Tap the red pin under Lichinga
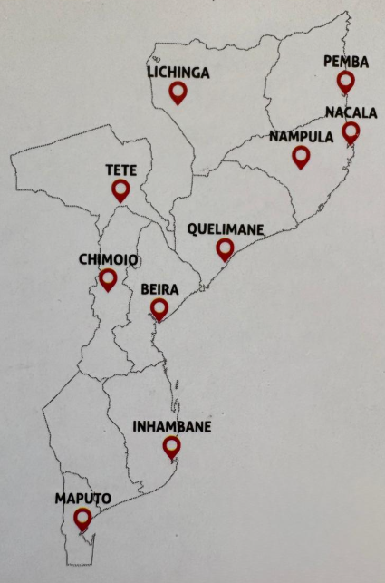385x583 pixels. click(178, 92)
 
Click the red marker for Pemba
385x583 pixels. click(345, 81)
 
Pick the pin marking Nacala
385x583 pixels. click(351, 131)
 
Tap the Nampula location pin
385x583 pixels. click(301, 157)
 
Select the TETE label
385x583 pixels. click(120, 170)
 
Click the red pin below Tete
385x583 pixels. click(120, 189)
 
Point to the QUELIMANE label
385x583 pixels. click(224, 229)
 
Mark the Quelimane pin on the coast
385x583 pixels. click(225, 248)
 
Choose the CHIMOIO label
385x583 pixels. click(108, 259)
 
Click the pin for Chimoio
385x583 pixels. click(108, 278)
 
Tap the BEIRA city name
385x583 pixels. click(159, 290)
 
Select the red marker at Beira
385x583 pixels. click(159, 309)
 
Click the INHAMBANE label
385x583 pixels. click(172, 426)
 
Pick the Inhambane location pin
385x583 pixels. click(171, 446)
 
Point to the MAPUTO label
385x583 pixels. click(82, 499)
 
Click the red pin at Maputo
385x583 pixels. click(82, 518)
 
